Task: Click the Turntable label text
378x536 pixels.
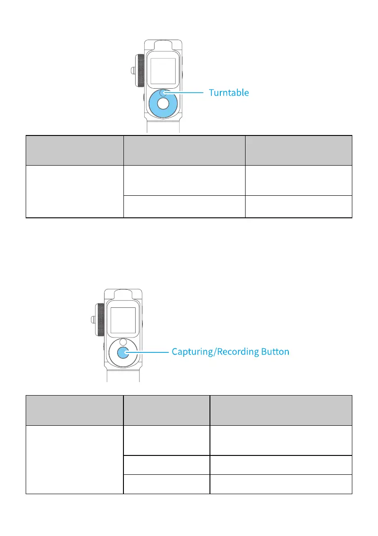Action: tap(228, 93)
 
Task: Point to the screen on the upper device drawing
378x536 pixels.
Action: tap(163, 72)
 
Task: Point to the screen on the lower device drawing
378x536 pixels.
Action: tap(123, 320)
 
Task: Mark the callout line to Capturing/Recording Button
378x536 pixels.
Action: tap(149, 352)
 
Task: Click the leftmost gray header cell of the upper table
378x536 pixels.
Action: tap(74, 150)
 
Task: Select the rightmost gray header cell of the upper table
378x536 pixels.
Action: tap(298, 150)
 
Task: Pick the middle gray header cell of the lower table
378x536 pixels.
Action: tap(167, 410)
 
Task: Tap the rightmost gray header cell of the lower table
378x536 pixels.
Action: tap(281, 410)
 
